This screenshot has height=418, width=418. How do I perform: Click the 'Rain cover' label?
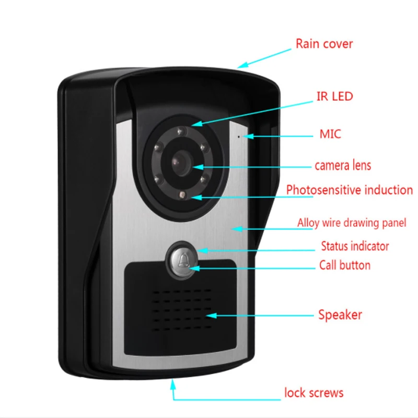click(x=324, y=43)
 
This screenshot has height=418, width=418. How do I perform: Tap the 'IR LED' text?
click(x=334, y=96)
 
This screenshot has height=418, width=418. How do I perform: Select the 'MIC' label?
click(x=330, y=134)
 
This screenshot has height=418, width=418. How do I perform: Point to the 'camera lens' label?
click(x=342, y=166)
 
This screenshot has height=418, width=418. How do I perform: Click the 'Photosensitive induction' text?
click(x=349, y=190)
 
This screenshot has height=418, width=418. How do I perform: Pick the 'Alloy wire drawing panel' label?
click(x=351, y=223)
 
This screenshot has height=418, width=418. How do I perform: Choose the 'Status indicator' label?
click(x=355, y=246)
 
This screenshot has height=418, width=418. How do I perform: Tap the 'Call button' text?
click(x=344, y=265)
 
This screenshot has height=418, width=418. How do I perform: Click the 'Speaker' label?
click(x=340, y=315)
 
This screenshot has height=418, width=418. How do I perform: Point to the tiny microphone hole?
click(x=240, y=136)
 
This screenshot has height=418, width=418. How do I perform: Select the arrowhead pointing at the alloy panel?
click(x=236, y=228)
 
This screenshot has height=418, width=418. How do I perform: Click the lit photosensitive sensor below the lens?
click(x=181, y=196)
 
